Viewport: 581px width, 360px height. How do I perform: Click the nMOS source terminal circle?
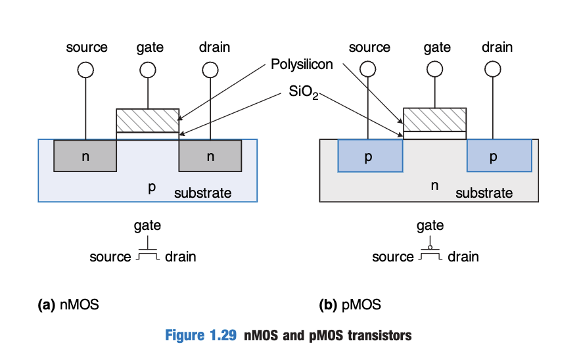point(85,69)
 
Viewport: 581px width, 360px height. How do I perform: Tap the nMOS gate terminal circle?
point(148,69)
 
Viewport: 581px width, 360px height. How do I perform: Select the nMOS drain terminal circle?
point(210,69)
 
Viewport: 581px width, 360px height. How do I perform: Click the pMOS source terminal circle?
point(369,69)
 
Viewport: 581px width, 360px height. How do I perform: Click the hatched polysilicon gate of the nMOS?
point(147,120)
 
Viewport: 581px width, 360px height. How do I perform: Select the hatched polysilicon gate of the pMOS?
point(434,120)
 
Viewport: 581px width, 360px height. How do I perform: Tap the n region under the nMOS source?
point(85,156)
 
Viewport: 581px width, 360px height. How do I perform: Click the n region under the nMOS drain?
point(210,156)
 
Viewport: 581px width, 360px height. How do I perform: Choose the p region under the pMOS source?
point(369,156)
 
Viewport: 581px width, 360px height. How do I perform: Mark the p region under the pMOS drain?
point(498,156)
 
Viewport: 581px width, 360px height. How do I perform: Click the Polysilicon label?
point(302,64)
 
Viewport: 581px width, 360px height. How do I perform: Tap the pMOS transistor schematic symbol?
point(430,254)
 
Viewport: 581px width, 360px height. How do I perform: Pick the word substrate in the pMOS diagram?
point(484,193)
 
